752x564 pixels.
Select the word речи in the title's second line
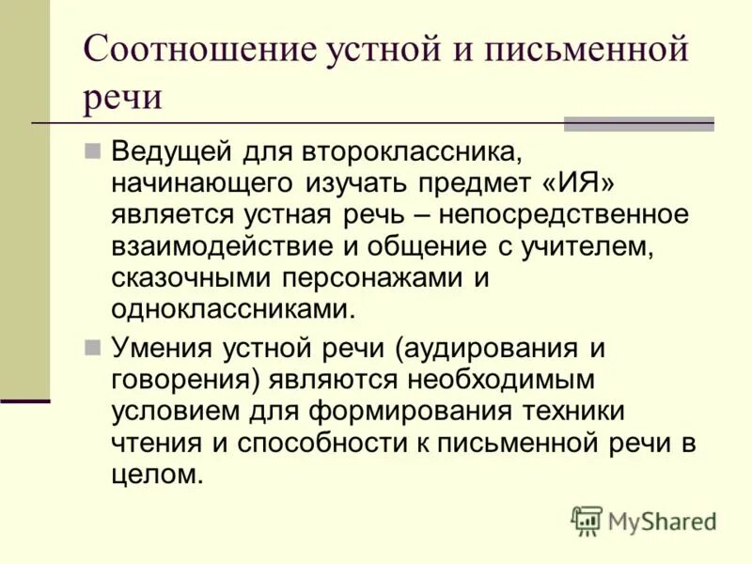point(122,97)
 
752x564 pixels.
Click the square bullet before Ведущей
point(92,149)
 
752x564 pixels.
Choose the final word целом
point(156,475)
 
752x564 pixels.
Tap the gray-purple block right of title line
point(638,123)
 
